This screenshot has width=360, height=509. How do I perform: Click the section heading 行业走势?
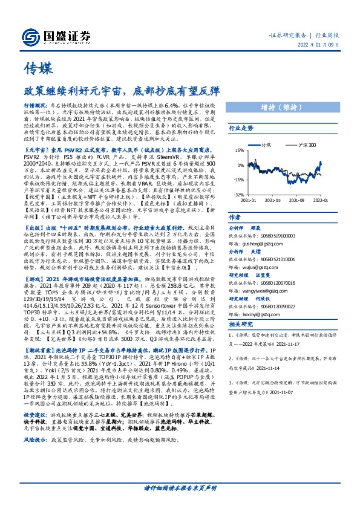tap(239, 146)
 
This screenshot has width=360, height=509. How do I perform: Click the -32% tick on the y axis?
tap(238, 195)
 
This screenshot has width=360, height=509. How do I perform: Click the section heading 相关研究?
tap(239, 325)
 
